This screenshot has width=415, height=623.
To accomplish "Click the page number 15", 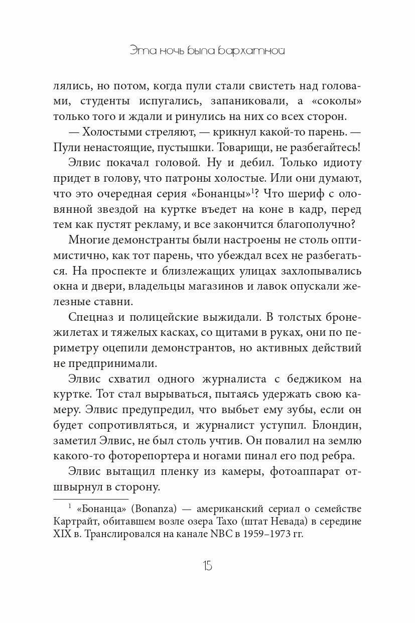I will click(207, 566).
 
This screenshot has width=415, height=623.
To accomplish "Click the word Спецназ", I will click(90, 317).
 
